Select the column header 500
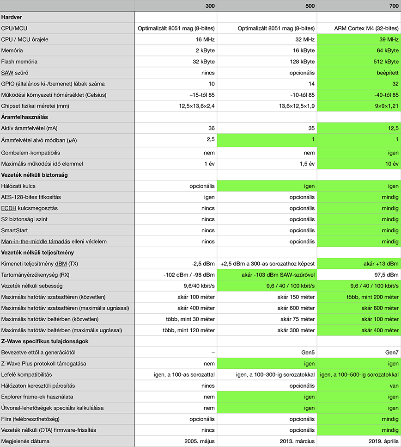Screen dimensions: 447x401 coord(310,6)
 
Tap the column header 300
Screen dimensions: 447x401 coord(210,6)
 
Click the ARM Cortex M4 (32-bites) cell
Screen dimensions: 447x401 coord(366,28)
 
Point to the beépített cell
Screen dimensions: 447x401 coord(387,73)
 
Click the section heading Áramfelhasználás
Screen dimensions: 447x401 coord(24,117)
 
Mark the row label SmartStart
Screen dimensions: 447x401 coord(14,230)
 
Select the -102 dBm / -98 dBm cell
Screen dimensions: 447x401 coord(189,275)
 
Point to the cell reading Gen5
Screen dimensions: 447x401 coord(307,352)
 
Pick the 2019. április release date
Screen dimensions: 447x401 coord(382,441)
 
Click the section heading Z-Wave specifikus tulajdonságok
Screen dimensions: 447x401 coord(45,341)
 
